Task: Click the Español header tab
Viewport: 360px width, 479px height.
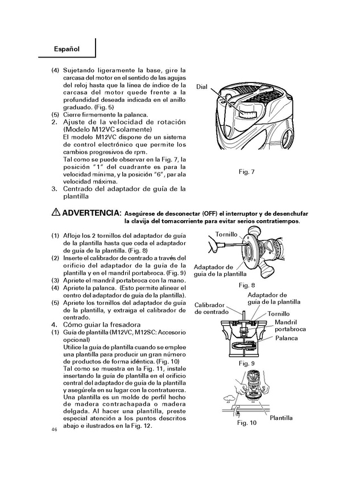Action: [66, 49]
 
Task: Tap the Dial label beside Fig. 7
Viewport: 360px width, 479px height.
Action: [203, 86]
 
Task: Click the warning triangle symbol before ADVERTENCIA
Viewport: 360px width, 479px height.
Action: [55, 212]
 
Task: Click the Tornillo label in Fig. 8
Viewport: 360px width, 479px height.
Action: [226, 234]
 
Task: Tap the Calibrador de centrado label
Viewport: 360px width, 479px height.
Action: [210, 308]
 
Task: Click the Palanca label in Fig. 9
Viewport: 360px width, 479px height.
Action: [287, 338]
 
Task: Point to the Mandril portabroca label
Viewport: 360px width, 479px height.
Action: [290, 325]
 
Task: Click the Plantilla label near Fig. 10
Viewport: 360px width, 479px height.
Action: [281, 418]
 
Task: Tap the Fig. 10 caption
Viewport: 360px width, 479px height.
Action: [247, 423]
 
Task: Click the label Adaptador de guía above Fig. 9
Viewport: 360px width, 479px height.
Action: [274, 298]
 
